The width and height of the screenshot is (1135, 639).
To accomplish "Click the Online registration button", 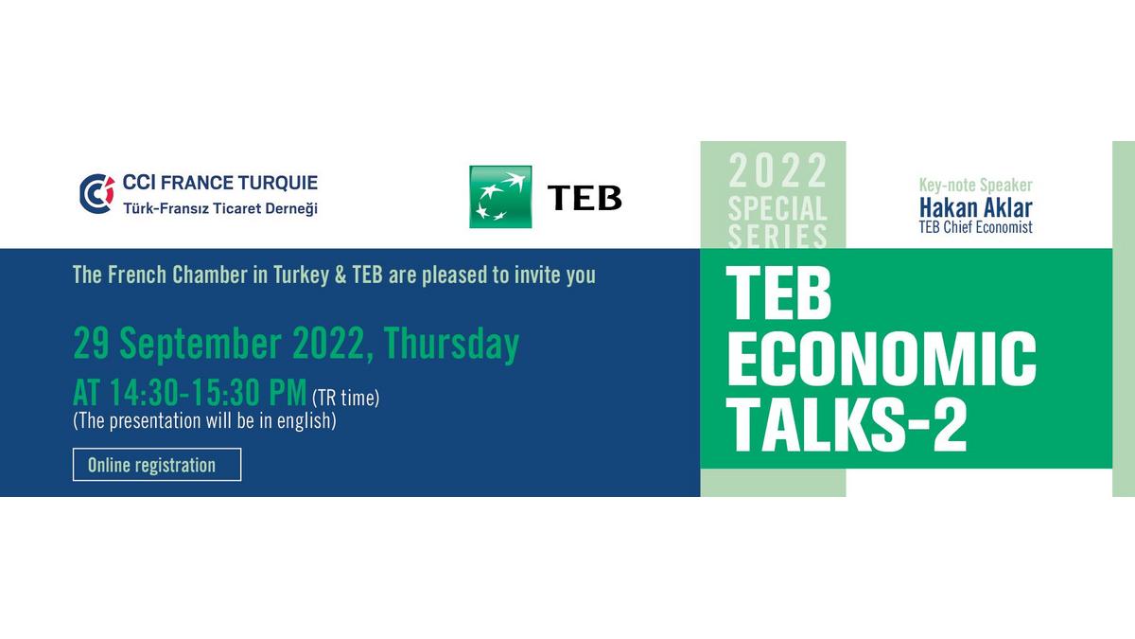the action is coord(157,465).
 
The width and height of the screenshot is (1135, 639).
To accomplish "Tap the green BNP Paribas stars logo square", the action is coord(500,197).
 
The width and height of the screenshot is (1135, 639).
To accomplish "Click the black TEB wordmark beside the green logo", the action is coord(585,197).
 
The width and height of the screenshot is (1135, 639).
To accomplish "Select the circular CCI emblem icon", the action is coord(96,194).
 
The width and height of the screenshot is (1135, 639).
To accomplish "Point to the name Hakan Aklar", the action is coord(975,208).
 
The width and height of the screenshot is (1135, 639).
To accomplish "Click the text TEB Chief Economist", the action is coord(975,227).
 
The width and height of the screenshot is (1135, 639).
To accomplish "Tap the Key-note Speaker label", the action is coord(975,186).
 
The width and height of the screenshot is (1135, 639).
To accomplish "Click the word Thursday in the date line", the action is coord(451,345).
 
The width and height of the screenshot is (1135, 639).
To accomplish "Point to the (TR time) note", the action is coord(345,399).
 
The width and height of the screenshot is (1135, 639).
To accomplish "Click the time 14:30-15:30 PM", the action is coord(208,393).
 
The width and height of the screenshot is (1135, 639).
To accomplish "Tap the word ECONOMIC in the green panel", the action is coord(882,359).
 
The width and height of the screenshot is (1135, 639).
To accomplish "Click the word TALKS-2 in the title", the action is coord(847,424).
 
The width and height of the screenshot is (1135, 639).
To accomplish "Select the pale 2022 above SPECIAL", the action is coord(777,171).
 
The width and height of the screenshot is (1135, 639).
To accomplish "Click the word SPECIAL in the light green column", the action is coord(777,209).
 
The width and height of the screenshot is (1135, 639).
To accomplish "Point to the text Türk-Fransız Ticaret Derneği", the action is coord(220,208).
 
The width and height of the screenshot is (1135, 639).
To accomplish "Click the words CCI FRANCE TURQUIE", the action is coord(220,183).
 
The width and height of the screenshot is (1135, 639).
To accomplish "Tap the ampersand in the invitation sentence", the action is coord(340,275).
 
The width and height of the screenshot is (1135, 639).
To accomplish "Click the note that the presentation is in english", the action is coord(204,421).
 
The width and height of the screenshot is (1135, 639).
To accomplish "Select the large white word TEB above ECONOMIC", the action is coord(778,293).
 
